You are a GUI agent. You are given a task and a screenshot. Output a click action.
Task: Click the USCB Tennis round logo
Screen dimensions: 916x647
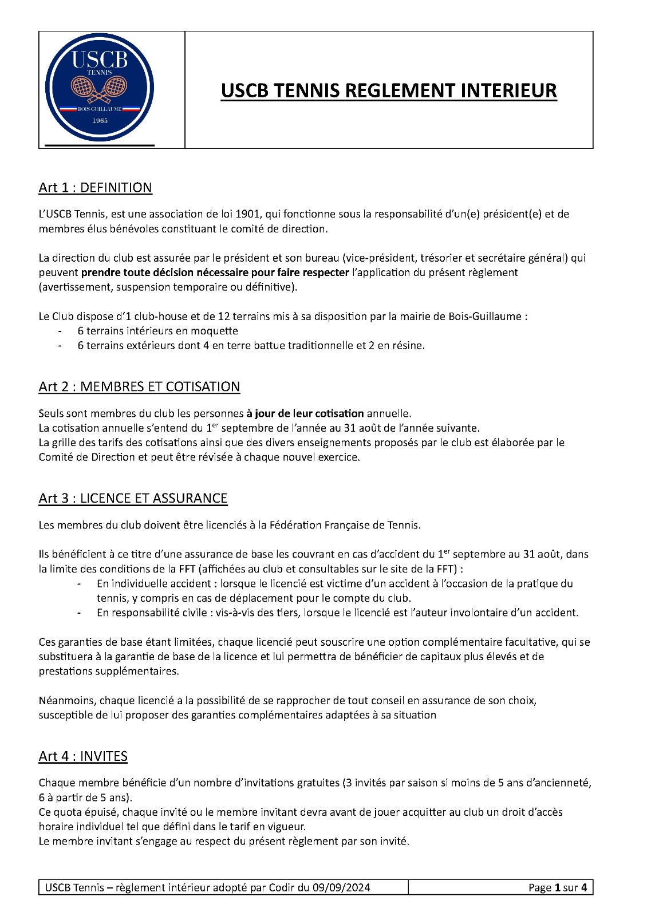coord(100,88)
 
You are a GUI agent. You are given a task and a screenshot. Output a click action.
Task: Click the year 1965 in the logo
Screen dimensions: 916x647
coord(100,121)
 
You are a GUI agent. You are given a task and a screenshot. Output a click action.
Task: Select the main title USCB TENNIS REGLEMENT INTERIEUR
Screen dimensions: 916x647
coord(389,91)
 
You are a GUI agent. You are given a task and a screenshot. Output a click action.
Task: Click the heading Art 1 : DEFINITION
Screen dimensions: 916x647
coord(95,188)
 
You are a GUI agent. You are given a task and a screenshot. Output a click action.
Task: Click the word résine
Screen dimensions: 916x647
coord(407,346)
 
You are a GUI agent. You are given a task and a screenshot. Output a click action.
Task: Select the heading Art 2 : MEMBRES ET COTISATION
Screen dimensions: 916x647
coord(139,387)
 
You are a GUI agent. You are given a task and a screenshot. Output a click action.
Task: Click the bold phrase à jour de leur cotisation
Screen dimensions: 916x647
coord(305,413)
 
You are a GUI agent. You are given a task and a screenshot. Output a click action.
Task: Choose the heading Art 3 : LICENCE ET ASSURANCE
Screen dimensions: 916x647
coord(133,499)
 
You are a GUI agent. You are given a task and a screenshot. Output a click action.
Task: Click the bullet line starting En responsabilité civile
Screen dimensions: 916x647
coord(337,613)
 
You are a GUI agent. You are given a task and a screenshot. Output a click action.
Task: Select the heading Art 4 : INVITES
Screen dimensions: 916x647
coord(83,757)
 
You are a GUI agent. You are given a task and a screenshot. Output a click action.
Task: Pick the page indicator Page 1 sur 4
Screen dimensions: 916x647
coord(557,888)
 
